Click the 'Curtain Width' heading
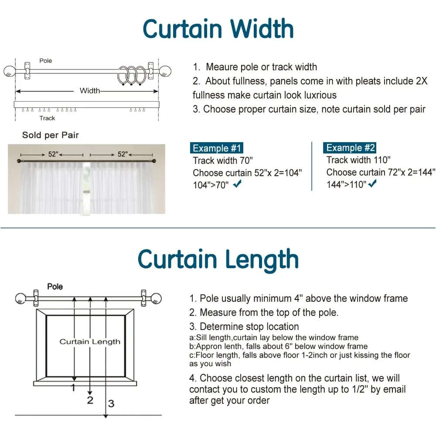[x=218, y=29]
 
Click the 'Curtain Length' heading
[x=218, y=259]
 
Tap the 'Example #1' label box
[x=217, y=148]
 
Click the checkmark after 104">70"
[x=238, y=184]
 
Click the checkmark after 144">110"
[x=372, y=184]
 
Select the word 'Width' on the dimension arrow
[x=89, y=91]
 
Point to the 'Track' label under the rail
[x=47, y=118]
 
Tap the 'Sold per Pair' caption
[x=51, y=135]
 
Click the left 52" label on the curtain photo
[x=53, y=154]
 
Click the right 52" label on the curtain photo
[x=123, y=154]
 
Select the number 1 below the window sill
[x=73, y=387]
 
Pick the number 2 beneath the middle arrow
[x=90, y=400]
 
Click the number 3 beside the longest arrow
[x=111, y=404]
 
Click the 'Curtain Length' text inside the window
[x=90, y=341]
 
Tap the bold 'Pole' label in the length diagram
[x=55, y=286]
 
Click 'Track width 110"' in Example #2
[x=358, y=160]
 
